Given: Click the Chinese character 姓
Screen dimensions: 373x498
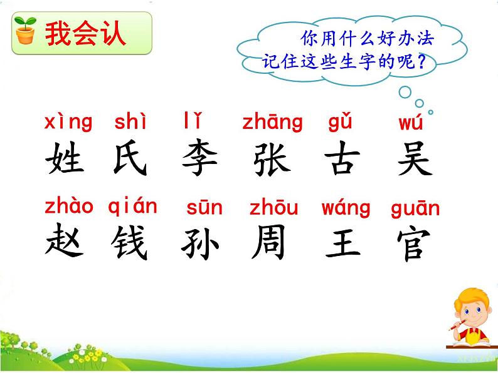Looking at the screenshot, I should tap(65, 159).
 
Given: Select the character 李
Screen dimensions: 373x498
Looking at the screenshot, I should tap(199, 159).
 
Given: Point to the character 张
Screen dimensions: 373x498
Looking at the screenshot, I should tap(272, 159).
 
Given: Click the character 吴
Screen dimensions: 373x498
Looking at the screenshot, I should tap(414, 159).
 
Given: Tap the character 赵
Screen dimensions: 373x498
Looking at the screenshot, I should tap(65, 242).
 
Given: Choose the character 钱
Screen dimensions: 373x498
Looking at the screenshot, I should tap(130, 242).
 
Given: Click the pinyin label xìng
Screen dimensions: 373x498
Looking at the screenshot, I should tap(68, 121).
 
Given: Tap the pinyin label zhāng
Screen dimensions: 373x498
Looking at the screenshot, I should tap(272, 122).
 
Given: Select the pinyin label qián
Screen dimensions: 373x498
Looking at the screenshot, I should tap(132, 205).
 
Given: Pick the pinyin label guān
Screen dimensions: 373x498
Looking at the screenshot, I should tap(415, 208).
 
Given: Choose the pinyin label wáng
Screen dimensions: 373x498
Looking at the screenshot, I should tap(346, 208).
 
